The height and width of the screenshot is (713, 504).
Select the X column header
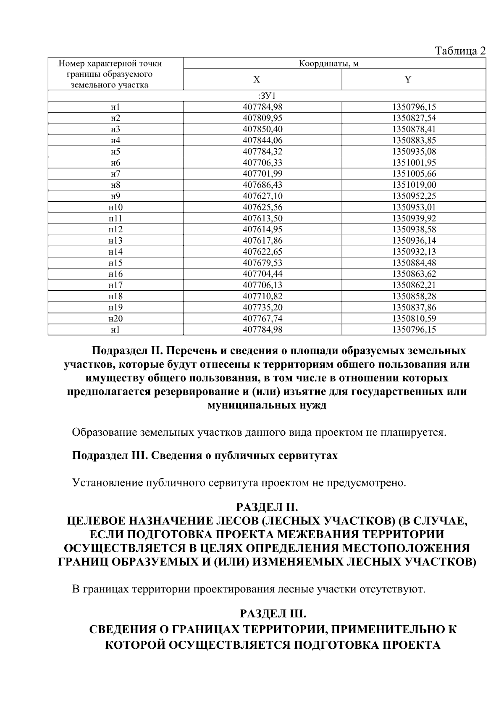pyautogui.click(x=257, y=80)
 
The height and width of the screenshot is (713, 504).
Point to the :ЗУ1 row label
pyautogui.click(x=267, y=96)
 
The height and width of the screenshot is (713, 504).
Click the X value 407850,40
pyautogui.click(x=262, y=129)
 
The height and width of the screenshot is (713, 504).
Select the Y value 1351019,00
pyautogui.click(x=414, y=184)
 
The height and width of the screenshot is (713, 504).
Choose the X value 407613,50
pyautogui.click(x=262, y=218)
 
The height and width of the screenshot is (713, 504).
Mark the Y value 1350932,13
pyautogui.click(x=414, y=252)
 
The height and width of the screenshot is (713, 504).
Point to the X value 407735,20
pyautogui.click(x=262, y=307)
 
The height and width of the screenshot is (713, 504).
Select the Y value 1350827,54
pyautogui.click(x=414, y=118)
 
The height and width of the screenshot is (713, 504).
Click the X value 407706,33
pyautogui.click(x=262, y=163)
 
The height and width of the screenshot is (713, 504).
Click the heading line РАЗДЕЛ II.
pyautogui.click(x=267, y=506)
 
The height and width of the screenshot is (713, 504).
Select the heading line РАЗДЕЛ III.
pyautogui.click(x=273, y=614)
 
